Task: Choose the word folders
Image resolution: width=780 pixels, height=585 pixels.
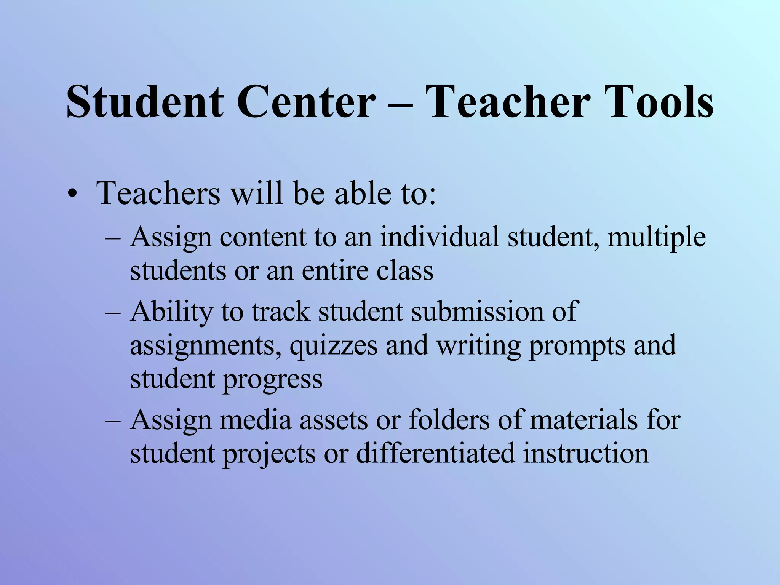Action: tap(449, 420)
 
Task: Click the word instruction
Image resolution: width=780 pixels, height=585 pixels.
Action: tap(586, 454)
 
